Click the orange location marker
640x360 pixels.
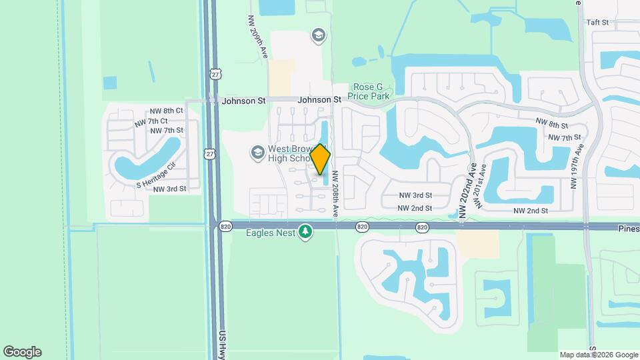coord(321,159)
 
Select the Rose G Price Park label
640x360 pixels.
coord(371,92)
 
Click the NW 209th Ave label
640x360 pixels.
coord(259,38)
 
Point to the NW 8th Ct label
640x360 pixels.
coord(166,111)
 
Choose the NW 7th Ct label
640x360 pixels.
coord(151,122)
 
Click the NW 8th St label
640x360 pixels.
coord(551,125)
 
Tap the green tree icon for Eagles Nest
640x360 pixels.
coord(305,231)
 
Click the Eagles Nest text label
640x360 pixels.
coord(269,233)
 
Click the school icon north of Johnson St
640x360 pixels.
coord(319,35)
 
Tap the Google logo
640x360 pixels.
coord(22,352)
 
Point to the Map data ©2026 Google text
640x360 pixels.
coord(599,355)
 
